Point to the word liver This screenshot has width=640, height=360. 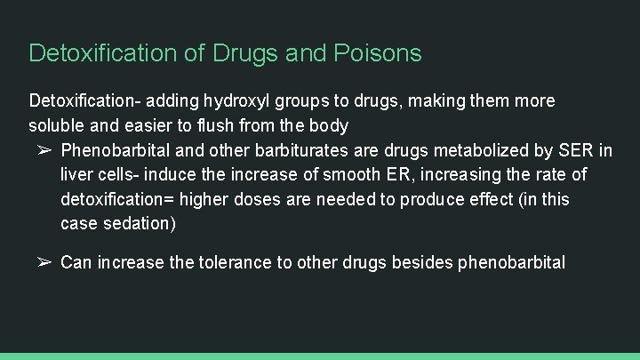(x=78, y=174)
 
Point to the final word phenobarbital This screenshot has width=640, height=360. (x=511, y=263)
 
